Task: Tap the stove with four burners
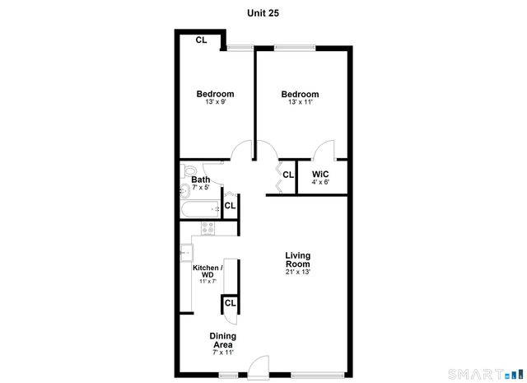coord(208,228)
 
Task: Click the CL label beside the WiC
coord(288,175)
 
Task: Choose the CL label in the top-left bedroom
coord(201,40)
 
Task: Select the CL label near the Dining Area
coord(231,303)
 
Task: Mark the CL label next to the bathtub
coord(231,206)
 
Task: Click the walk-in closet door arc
coord(325,151)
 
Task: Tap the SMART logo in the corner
coord(497,372)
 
